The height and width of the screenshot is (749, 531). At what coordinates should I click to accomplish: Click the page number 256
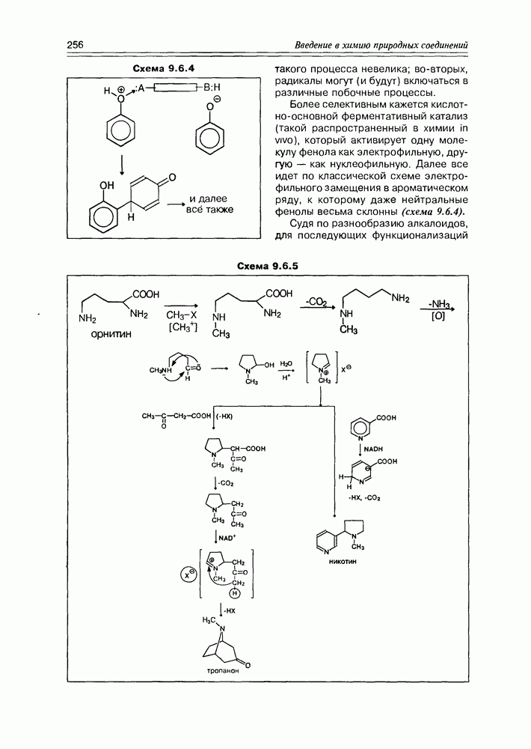(75, 45)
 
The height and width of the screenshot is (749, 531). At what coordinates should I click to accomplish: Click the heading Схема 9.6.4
(163, 69)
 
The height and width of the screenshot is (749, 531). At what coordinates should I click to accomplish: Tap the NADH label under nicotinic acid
(374, 447)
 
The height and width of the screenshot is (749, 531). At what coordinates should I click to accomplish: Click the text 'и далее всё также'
(211, 204)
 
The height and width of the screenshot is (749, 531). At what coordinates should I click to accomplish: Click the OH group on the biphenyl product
(107, 184)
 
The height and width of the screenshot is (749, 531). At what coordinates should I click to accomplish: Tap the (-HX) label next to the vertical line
(224, 416)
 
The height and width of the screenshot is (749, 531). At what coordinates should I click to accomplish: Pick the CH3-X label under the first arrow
(180, 316)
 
